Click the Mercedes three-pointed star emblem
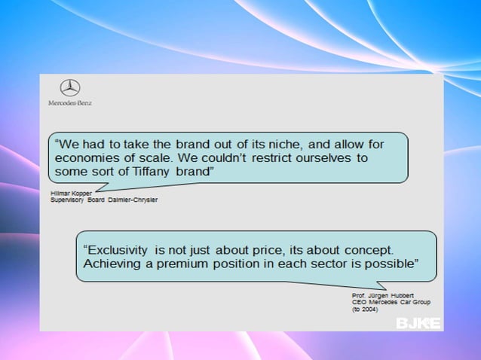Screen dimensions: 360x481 69,88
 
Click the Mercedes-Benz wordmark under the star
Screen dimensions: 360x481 69,102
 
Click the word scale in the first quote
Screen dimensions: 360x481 171,158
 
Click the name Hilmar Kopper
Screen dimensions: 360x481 70,194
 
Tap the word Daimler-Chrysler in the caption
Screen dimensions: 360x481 134,200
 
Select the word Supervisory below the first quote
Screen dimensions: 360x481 68,200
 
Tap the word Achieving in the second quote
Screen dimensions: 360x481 112,264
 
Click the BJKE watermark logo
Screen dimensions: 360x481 418,324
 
